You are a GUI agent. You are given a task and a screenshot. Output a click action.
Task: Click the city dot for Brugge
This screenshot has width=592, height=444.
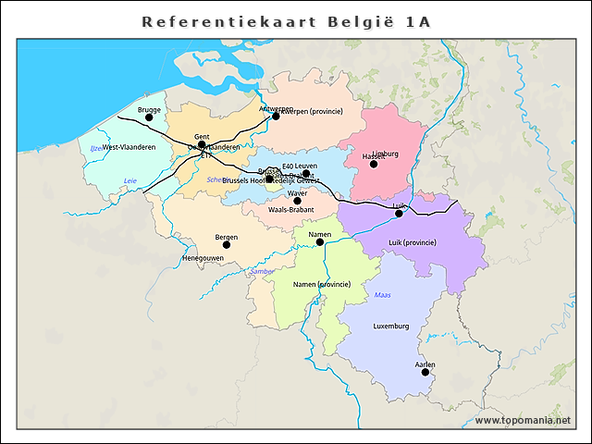pyautogui.click(x=149, y=117)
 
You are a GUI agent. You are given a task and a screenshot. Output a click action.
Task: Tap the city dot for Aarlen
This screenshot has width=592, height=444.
pyautogui.click(x=425, y=372)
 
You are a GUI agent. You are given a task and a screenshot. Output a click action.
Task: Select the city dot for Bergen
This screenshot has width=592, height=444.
pyautogui.click(x=227, y=244)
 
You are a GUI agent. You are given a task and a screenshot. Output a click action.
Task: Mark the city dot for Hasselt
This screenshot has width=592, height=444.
pyautogui.click(x=374, y=164)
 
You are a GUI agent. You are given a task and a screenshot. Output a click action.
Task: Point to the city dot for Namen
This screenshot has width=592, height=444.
pyautogui.click(x=320, y=242)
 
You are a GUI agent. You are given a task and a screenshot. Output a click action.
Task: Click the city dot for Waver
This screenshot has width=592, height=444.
pyautogui.click(x=297, y=201)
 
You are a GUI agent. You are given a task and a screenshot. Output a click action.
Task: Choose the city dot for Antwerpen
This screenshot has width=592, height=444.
pyautogui.click(x=276, y=116)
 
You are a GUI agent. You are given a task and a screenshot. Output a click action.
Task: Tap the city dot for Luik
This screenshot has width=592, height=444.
pyautogui.click(x=400, y=214)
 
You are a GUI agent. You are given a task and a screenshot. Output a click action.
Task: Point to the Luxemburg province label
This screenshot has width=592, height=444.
pyautogui.click(x=390, y=327)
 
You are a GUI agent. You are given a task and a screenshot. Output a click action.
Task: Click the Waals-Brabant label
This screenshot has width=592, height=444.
pyautogui.click(x=290, y=210)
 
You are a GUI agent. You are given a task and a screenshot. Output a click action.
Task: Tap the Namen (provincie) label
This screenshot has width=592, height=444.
pyautogui.click(x=321, y=284)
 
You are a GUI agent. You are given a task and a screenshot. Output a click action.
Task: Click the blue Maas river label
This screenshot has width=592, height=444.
pyautogui.click(x=383, y=295)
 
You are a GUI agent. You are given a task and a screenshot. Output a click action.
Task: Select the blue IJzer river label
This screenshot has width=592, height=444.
pyautogui.click(x=96, y=148)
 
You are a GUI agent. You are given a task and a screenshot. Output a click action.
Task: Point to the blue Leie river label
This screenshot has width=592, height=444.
pyautogui.click(x=130, y=180)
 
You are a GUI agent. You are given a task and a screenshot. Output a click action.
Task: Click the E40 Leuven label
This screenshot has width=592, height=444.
pyautogui.click(x=300, y=166)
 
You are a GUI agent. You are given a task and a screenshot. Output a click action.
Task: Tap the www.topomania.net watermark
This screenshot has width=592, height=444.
pyautogui.click(x=523, y=420)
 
